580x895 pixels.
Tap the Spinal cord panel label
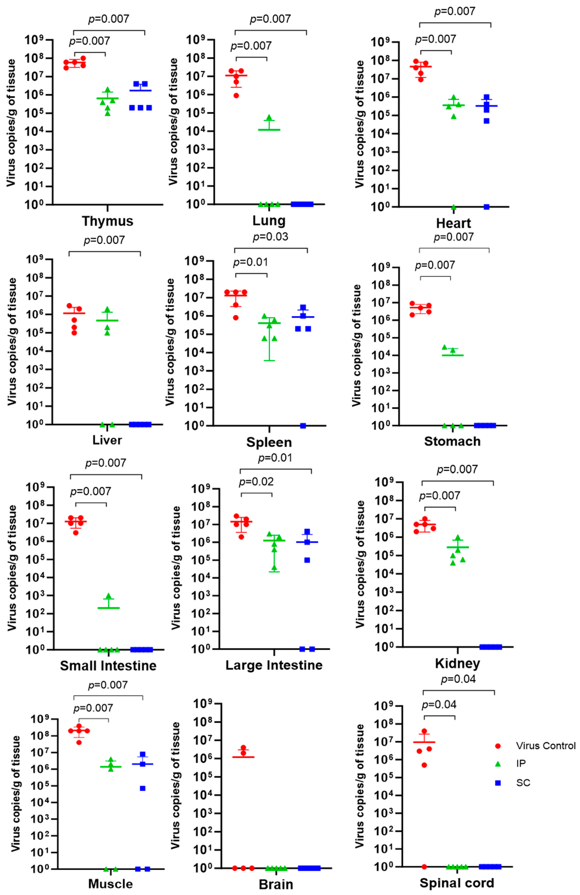[x=457, y=883]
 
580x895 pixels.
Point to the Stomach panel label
[x=452, y=441]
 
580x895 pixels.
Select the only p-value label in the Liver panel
[x=104, y=240]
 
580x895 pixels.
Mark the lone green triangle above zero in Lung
[x=269, y=118]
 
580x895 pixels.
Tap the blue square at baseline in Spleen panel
[x=303, y=426]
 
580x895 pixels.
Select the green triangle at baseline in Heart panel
[x=454, y=207]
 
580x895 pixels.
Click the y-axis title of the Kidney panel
[x=360, y=564]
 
